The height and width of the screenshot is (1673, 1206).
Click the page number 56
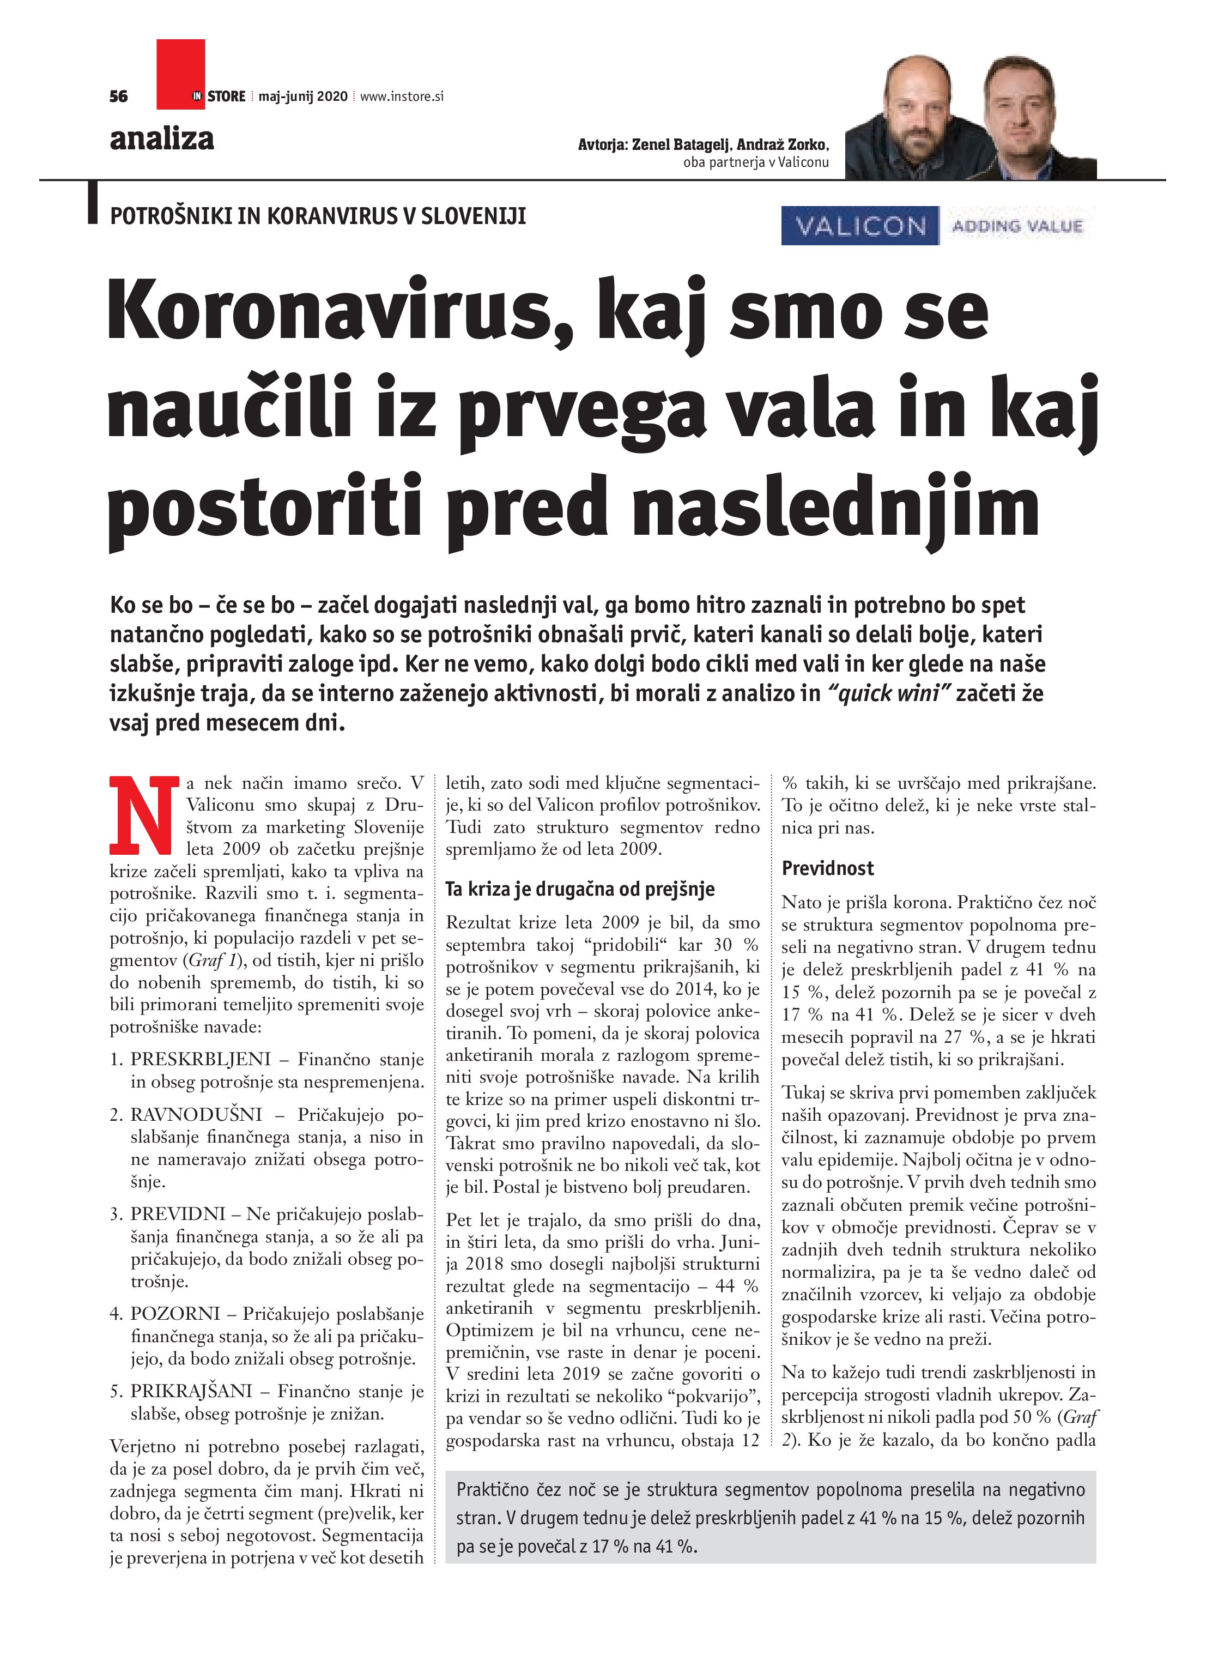(118, 96)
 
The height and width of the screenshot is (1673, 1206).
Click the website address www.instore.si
(402, 96)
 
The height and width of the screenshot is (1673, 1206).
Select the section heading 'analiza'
(161, 138)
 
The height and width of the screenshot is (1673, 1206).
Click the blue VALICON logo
(860, 225)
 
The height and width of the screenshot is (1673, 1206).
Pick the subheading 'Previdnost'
(828, 868)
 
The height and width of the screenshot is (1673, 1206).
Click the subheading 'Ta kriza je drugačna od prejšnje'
(580, 889)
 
